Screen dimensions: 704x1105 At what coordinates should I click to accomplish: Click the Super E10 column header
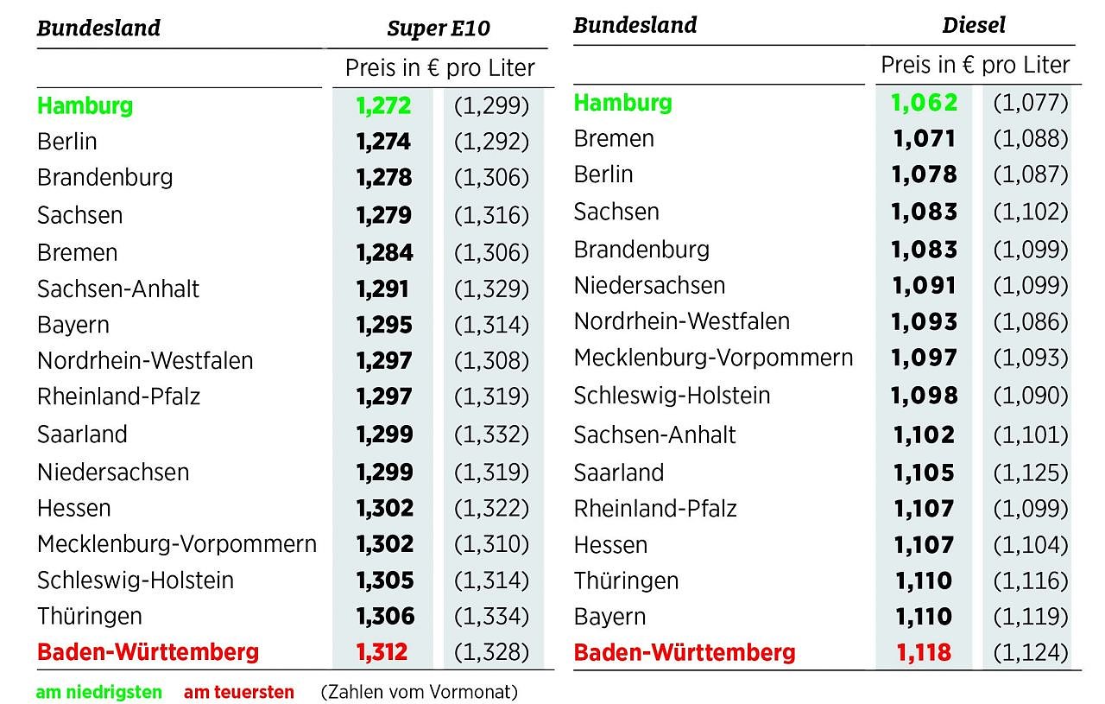pos(438,29)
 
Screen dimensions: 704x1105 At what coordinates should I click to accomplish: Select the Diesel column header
pos(974,25)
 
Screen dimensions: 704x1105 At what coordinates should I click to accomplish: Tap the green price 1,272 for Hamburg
pos(383,105)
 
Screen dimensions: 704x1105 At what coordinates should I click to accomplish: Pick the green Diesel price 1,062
pos(925,102)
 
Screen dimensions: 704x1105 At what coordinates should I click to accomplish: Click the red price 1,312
pos(382,651)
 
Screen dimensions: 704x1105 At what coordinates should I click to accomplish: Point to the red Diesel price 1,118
pos(924,652)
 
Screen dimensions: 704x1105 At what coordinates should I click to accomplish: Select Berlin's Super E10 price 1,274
pos(383,142)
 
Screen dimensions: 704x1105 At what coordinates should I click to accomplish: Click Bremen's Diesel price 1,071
pos(924,138)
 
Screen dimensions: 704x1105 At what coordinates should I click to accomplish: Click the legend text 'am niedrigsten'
pos(98,692)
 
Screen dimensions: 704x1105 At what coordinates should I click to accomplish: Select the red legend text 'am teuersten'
pos(239,692)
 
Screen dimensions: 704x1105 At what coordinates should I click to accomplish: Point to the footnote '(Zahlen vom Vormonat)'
pos(419,692)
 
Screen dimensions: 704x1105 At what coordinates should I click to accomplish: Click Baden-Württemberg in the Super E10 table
pos(148,651)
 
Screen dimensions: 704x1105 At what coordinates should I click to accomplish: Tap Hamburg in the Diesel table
pos(622,102)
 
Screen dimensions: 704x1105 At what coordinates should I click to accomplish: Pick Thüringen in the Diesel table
pos(626,580)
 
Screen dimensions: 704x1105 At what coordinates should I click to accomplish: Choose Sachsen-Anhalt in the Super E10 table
pos(118,289)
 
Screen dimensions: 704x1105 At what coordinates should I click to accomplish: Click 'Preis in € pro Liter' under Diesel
pos(975,65)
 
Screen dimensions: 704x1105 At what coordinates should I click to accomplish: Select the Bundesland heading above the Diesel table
pos(635,25)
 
